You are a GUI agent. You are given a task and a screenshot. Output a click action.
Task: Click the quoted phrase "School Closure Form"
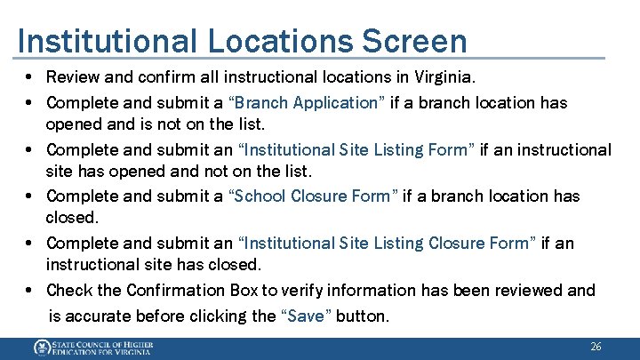pos(314,196)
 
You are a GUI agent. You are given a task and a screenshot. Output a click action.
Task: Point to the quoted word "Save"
pos(308,316)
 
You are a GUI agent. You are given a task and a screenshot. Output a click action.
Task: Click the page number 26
pos(596,347)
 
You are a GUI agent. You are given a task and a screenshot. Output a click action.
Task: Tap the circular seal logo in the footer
pos(42,348)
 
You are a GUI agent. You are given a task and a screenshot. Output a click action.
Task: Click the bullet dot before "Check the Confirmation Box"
pos(30,291)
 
